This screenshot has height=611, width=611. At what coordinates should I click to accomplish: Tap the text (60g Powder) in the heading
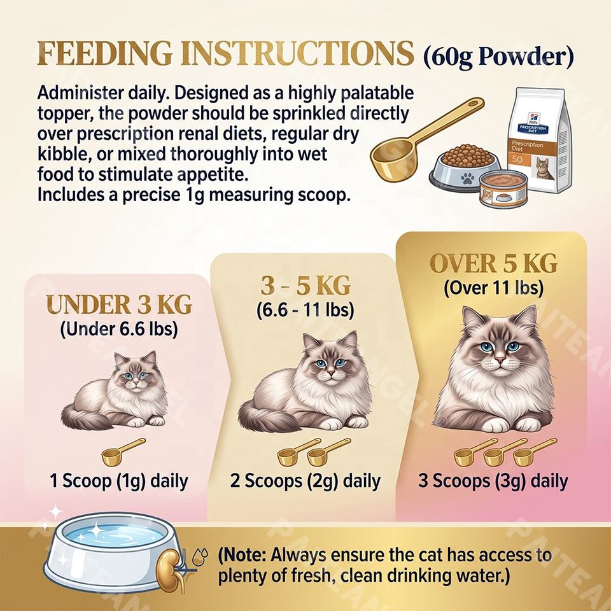point(498,57)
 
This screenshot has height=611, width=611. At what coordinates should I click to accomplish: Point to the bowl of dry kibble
point(464,166)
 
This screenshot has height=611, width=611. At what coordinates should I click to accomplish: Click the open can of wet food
point(503,189)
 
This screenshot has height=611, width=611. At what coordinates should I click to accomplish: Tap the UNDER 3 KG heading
point(119,305)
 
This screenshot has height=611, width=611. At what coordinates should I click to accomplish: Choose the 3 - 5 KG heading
point(305,286)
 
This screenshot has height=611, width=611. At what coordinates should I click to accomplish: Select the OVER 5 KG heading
point(493,263)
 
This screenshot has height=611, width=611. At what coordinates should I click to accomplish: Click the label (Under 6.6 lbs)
point(119,329)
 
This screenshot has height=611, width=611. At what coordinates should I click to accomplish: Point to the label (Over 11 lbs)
point(493,288)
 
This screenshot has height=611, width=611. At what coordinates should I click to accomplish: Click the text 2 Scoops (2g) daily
point(305,481)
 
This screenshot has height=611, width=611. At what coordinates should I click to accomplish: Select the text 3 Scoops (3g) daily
point(493,481)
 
